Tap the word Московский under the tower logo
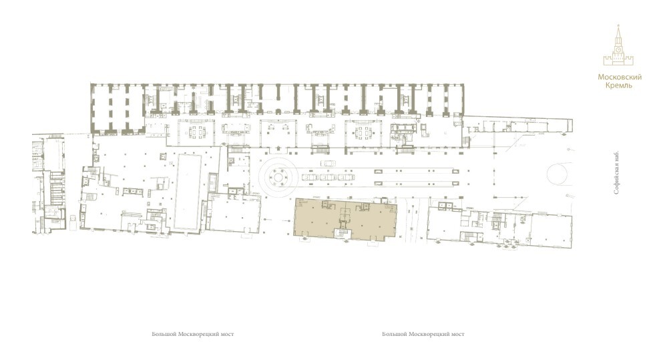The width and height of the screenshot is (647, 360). (620, 77)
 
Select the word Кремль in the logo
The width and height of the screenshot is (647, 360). (618, 85)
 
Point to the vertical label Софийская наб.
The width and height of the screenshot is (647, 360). (616, 172)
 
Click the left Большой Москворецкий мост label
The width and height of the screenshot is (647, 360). (193, 334)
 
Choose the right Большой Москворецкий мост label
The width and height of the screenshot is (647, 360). (423, 334)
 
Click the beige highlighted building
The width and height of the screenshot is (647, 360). (345, 219)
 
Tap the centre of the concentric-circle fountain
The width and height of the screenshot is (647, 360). (278, 178)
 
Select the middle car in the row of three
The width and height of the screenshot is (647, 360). (328, 178)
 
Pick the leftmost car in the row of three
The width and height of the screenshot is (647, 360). (310, 178)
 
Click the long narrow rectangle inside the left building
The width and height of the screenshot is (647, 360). (188, 192)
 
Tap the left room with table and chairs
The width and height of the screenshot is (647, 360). (196, 132)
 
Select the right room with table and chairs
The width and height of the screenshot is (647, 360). (363, 133)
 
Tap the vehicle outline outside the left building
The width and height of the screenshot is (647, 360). (73, 222)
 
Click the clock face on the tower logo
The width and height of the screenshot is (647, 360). (618, 49)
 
